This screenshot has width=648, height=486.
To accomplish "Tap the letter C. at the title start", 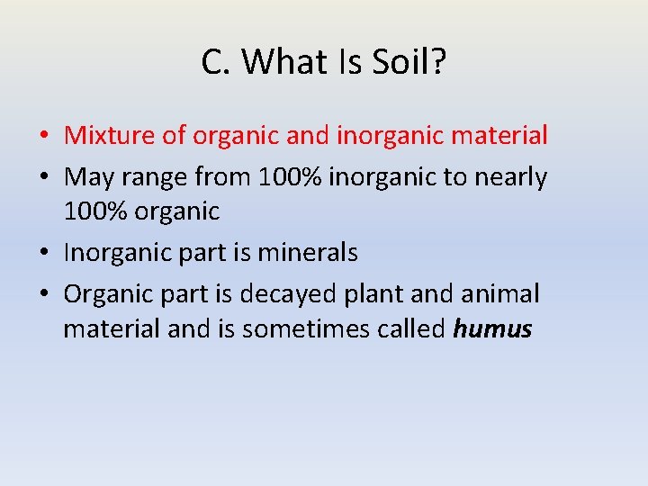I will (x=217, y=62).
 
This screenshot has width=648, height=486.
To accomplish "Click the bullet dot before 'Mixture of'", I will (x=44, y=137).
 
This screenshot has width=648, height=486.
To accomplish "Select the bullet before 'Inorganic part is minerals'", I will (x=44, y=254).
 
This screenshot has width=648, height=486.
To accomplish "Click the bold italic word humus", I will (x=492, y=329).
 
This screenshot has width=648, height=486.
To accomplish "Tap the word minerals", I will (x=308, y=253).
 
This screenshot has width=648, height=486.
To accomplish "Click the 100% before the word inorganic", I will (x=290, y=177).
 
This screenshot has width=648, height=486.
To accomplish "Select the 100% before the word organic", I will (x=93, y=211).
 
